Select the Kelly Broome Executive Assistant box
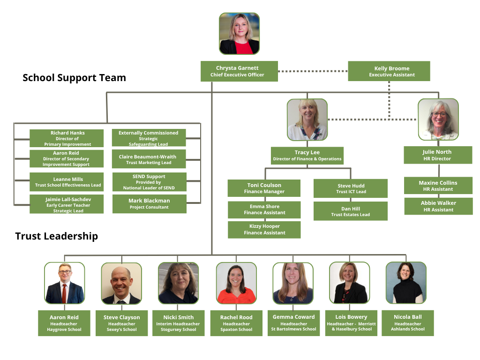coord(389,71)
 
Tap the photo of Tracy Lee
coord(307,120)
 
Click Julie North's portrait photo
coord(438,119)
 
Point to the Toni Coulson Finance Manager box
coord(264,188)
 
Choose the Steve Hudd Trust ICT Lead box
coord(351,188)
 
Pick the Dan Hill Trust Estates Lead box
coord(351,211)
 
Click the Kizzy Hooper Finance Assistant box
coord(264,229)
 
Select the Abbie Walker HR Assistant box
coord(438,206)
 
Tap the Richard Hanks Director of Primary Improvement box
coord(67,139)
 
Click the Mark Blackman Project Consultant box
coord(149,204)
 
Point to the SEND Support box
coord(149,182)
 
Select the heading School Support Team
coord(74,78)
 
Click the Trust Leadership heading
coord(57,236)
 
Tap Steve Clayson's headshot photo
coord(121,284)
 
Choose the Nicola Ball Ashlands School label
coord(407,323)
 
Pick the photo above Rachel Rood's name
coord(236,283)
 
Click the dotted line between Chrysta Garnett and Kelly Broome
coord(313,71)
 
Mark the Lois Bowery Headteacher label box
coord(351,323)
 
